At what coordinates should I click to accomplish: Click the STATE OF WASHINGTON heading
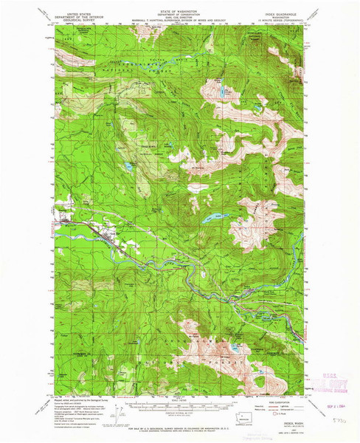[x=179, y=7]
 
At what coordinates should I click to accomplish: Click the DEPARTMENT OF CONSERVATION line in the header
[x=179, y=10]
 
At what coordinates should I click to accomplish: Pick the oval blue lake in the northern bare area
[x=222, y=95]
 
